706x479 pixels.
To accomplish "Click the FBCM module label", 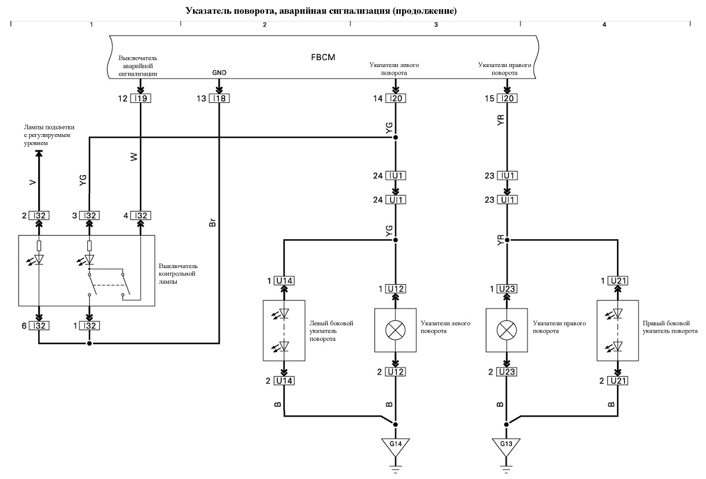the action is coord(323,57).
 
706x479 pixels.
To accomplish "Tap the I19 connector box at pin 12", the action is coord(140,98).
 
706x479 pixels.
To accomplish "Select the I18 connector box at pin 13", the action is coord(220,98).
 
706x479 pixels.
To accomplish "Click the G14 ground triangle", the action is coord(396,447).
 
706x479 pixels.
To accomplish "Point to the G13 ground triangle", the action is coord(506,447).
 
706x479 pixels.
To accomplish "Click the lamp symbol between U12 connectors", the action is coord(395,330).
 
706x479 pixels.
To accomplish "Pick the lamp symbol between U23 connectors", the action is coord(507,330).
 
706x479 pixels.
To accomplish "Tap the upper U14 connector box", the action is coord(284,280).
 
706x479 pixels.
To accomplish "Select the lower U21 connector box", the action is coord(618,381).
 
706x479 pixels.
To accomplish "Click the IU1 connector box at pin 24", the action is coord(396,176).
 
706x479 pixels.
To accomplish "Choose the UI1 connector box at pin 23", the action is coord(507,200).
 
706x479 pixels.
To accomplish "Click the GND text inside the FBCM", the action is coord(220,73).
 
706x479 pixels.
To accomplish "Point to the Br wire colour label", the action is coord(213,222).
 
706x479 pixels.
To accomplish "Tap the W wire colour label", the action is coord(134,157).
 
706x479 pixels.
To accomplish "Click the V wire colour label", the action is coord(32,182).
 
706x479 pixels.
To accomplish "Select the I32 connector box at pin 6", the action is coord(39,325).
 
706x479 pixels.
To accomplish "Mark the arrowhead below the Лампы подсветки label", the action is coord(39,153).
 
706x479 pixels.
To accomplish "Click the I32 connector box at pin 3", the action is coord(90,216).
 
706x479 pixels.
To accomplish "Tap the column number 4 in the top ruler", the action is coord(604,25).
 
